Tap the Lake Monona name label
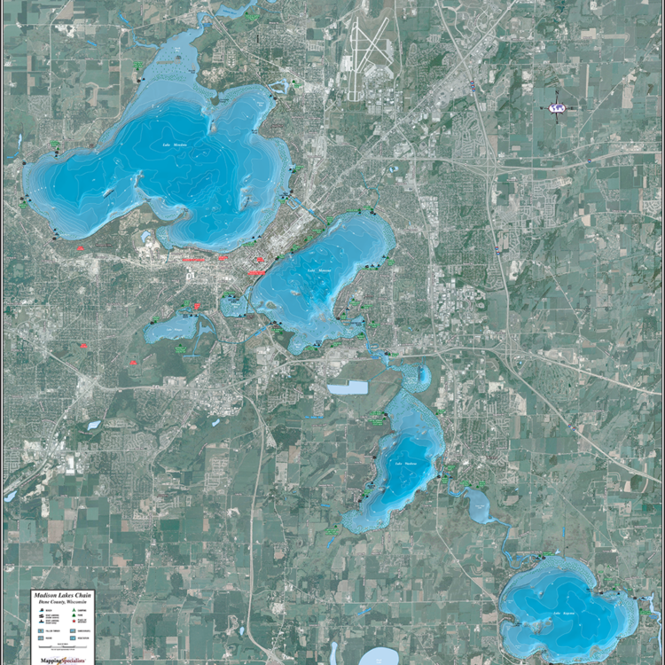pos(318,270)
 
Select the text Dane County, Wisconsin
pos(62,602)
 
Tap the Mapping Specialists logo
pos(62,660)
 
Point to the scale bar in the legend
pos(62,646)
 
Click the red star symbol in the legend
pos(74,621)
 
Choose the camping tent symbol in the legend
pos(74,610)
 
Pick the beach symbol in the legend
pos(41,610)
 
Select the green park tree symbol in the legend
pos(74,615)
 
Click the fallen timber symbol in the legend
pos(41,630)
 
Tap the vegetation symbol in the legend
pos(73,638)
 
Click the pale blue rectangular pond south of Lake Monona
pos(347,387)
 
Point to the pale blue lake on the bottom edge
pos(379,657)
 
